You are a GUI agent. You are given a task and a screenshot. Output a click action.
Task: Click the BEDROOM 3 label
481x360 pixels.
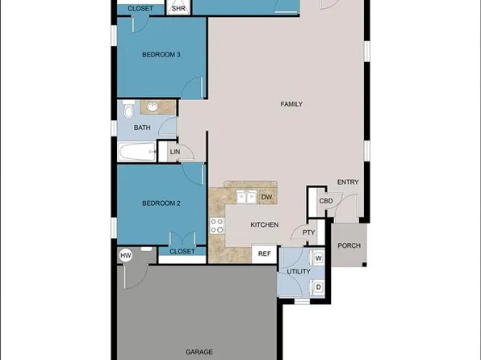point(161,55)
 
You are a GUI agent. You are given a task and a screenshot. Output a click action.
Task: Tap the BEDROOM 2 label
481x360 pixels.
point(161,203)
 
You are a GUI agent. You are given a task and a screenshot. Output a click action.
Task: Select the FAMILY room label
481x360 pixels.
point(291,105)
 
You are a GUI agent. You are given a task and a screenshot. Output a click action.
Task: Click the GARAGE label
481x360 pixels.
point(199,352)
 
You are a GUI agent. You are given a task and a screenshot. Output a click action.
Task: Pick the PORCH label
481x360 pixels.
point(349,246)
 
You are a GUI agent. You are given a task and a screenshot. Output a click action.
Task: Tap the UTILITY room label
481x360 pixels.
point(299,272)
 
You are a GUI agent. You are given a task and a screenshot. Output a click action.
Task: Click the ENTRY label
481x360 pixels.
point(347,182)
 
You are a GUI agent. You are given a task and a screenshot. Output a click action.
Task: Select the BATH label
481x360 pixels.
point(142,128)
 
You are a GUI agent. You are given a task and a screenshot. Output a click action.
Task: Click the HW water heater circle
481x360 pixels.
point(125,256)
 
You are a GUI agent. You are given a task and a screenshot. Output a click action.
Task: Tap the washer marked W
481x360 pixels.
point(318,258)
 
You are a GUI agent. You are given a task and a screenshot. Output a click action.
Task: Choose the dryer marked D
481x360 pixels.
point(318,287)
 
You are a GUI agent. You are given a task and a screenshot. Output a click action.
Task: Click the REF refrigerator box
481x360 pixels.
point(263,254)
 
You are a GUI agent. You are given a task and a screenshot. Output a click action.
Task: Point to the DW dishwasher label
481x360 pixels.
point(266,197)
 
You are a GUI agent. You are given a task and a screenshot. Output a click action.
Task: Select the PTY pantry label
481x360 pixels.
point(307,233)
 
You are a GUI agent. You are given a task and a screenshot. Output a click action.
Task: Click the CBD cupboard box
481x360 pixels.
point(326,201)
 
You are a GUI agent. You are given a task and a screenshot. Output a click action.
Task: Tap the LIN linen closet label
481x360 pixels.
point(174,152)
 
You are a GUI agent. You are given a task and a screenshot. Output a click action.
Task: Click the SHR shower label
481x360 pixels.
point(178,8)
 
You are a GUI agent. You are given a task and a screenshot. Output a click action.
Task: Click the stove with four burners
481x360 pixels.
point(216,225)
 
